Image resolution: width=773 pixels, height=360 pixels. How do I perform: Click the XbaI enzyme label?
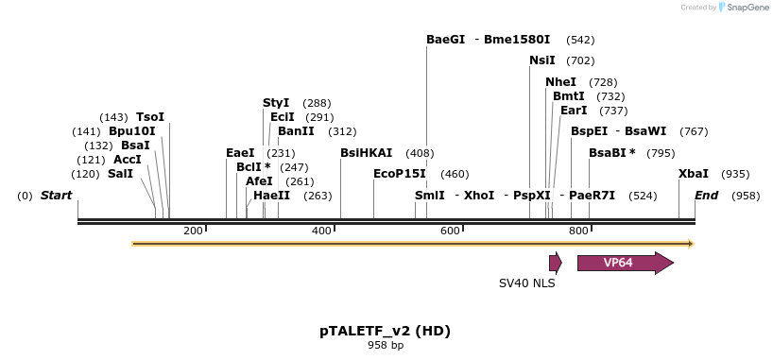694,174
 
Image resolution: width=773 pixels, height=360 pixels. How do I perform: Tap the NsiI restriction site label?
542,60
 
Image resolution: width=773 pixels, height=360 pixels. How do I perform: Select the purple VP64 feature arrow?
624,263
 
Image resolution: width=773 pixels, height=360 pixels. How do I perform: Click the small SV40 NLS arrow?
556,263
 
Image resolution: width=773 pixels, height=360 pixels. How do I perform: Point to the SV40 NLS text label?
527,283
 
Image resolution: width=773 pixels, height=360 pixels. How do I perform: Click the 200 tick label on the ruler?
193,231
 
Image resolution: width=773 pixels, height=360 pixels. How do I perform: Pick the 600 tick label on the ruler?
450,231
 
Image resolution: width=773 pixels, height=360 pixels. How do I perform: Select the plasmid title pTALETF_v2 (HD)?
385,331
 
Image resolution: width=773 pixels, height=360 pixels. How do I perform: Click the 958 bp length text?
385,345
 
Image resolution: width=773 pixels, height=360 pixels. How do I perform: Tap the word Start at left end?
56,196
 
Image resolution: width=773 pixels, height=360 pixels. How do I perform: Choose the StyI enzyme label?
276,103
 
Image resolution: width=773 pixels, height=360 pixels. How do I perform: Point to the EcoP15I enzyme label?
400,174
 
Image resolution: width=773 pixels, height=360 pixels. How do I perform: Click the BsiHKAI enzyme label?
366,153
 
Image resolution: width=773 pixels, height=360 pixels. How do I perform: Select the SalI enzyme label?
121,174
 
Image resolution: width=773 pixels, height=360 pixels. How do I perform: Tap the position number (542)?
580,40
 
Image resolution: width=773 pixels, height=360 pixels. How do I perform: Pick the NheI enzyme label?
560,82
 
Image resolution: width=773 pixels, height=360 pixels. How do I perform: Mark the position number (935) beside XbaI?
735,174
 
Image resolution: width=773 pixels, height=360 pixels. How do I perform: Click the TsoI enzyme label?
150,117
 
